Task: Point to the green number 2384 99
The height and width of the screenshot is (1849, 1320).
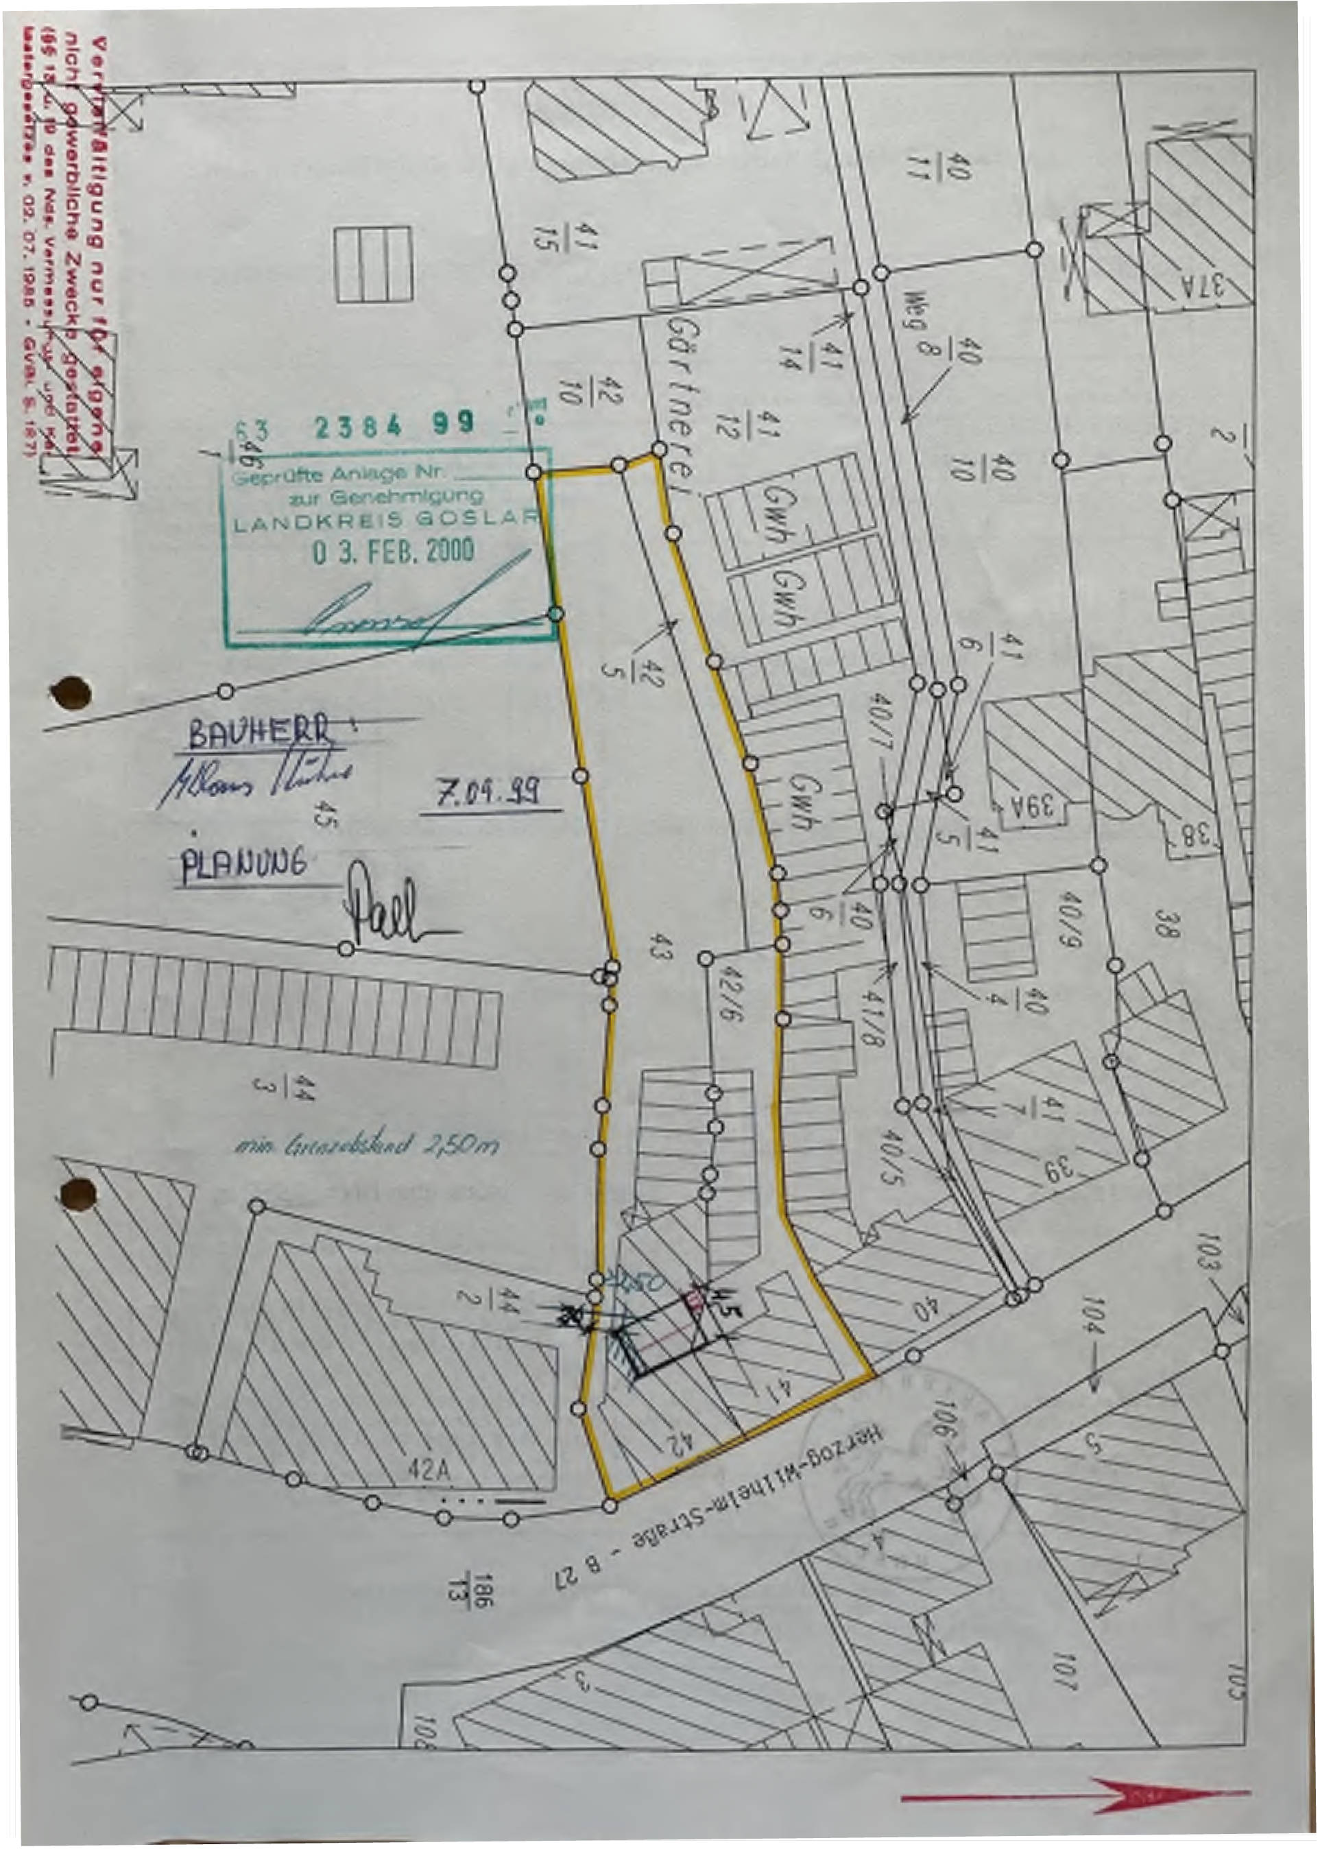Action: (x=394, y=425)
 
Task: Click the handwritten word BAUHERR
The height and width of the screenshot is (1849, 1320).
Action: (x=259, y=732)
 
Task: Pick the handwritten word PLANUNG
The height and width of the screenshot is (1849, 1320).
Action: (x=244, y=865)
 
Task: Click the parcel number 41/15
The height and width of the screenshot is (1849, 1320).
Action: (x=566, y=237)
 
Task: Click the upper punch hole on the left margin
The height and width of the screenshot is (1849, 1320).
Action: (x=71, y=693)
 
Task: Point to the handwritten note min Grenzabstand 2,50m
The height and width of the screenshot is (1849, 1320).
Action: (x=365, y=1145)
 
